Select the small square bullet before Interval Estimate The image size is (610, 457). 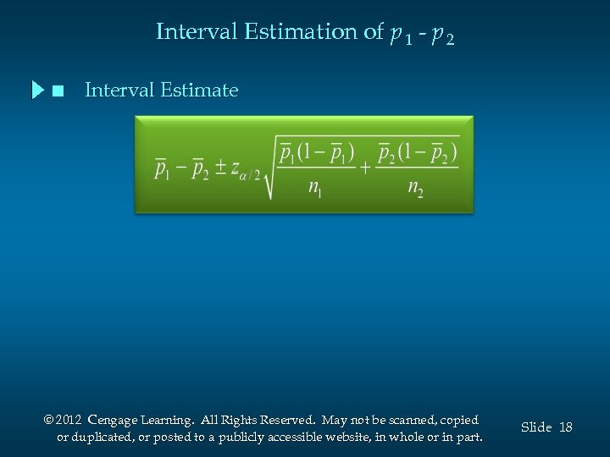(x=58, y=91)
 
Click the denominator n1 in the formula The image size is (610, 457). (x=316, y=187)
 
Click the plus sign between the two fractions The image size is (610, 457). (x=365, y=167)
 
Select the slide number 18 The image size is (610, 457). (x=565, y=427)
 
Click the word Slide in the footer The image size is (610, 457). (x=536, y=427)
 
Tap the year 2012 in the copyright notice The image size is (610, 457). (x=69, y=420)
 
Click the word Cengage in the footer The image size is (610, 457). (x=114, y=421)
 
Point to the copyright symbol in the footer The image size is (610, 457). (x=47, y=421)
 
